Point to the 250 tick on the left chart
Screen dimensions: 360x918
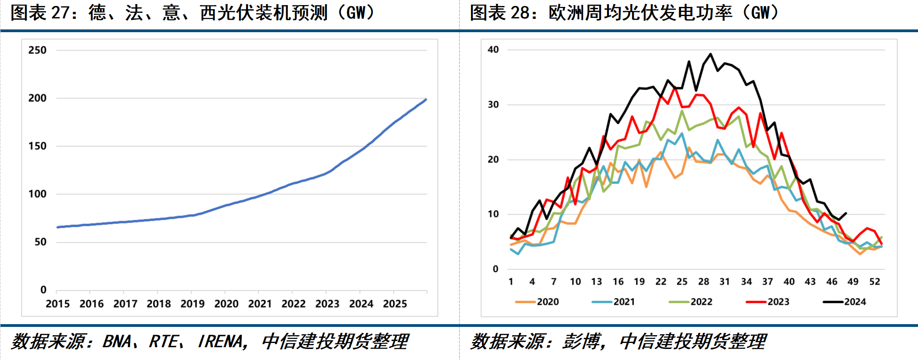pyautogui.click(x=37, y=50)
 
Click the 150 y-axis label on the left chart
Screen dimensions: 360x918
pyautogui.click(x=37, y=146)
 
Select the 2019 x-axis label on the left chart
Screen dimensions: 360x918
pyautogui.click(x=192, y=304)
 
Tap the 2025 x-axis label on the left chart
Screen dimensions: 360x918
pyautogui.click(x=395, y=304)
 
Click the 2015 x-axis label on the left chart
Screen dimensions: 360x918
pyautogui.click(x=57, y=304)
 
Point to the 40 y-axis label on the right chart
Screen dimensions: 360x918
pyautogui.click(x=493, y=50)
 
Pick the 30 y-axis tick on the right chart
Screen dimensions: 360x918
pyautogui.click(x=493, y=104)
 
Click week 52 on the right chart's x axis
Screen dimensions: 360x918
pyautogui.click(x=874, y=282)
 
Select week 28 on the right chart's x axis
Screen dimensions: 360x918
pyautogui.click(x=703, y=282)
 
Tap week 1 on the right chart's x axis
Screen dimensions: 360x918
pyautogui.click(x=511, y=282)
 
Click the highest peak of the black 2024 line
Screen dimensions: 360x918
pyautogui.click(x=711, y=54)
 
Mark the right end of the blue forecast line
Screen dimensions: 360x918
pyautogui.click(x=426, y=99)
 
